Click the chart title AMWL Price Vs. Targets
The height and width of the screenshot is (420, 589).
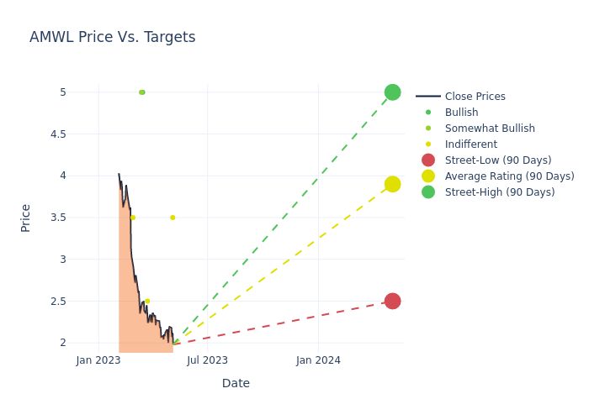click(x=112, y=37)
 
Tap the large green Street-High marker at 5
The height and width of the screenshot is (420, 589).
click(x=392, y=92)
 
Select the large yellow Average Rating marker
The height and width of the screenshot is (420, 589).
click(x=392, y=184)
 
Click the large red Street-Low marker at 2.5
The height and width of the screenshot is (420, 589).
click(x=392, y=301)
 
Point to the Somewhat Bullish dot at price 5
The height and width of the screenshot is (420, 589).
click(x=141, y=92)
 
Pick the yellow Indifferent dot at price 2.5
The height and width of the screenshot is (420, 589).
click(x=147, y=301)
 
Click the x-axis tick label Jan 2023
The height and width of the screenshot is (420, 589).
click(x=98, y=360)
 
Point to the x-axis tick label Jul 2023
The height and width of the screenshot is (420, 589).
click(x=207, y=360)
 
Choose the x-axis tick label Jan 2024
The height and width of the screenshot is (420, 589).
click(x=318, y=360)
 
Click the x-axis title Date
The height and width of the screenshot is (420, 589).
click(x=236, y=383)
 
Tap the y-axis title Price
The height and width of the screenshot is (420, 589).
click(x=25, y=218)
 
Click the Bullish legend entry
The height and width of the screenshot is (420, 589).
click(x=461, y=113)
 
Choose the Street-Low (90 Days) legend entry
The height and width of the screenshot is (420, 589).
click(x=497, y=160)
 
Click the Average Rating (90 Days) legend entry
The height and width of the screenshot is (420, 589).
click(x=509, y=176)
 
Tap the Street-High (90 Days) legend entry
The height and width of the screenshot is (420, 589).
click(x=499, y=192)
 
